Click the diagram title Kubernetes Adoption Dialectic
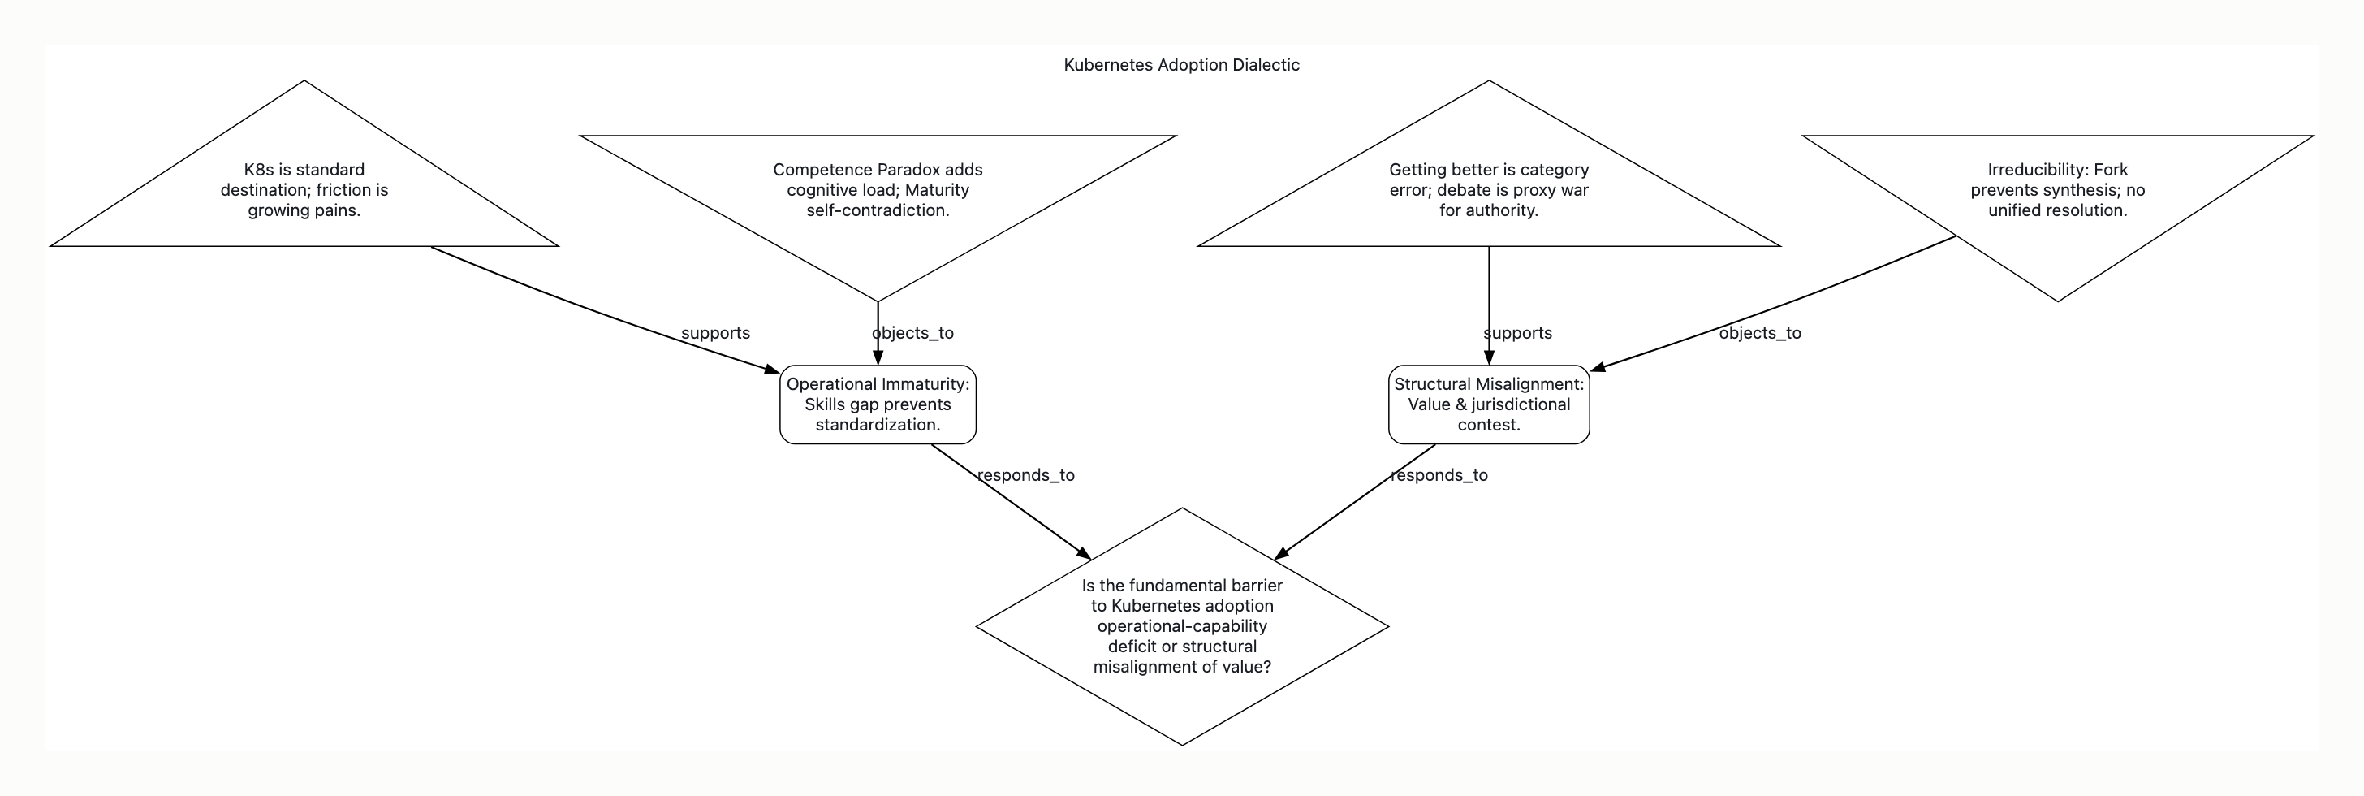pos(1181,65)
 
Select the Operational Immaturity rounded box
pos(878,404)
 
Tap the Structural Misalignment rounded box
pos(1489,404)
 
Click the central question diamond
pos(1182,626)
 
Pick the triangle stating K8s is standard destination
pos(304,184)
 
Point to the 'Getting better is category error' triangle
pos(1489,184)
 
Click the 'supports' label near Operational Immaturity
pos(716,333)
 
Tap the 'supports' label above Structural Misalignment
pos(1518,333)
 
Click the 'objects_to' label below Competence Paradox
pos(913,333)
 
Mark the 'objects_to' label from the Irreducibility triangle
pos(1760,333)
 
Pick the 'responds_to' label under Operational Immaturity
pos(1026,476)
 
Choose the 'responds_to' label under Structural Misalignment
pos(1439,476)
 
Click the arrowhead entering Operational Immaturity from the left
pos(773,369)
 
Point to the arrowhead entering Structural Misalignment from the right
pos(1598,367)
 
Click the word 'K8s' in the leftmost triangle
pos(259,170)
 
